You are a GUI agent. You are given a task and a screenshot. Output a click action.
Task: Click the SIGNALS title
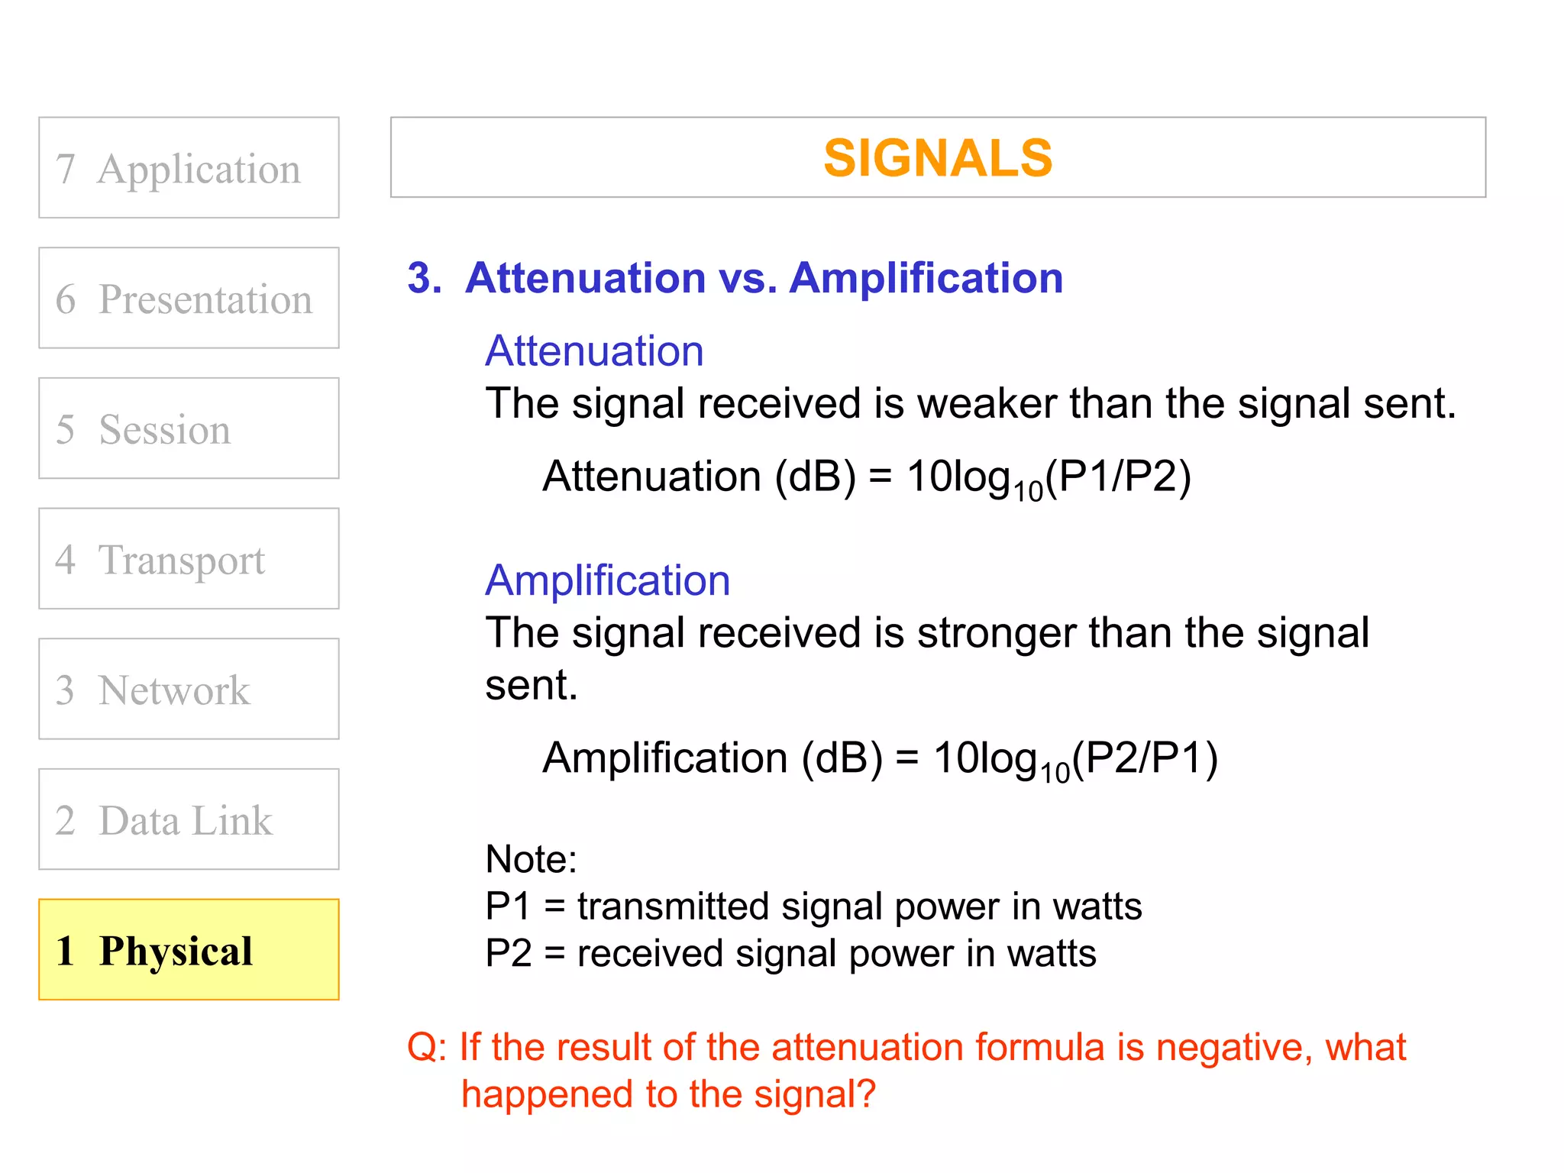(x=937, y=158)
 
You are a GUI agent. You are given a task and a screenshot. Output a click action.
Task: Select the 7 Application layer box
(x=189, y=168)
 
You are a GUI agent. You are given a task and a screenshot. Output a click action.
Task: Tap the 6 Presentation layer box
(x=189, y=298)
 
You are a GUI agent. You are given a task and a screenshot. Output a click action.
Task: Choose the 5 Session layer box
(x=189, y=428)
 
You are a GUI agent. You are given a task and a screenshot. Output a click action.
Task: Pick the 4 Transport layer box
(x=189, y=559)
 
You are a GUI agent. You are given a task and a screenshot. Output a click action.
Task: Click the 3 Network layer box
(x=189, y=689)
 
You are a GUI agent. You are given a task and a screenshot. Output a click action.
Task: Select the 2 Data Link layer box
(x=189, y=819)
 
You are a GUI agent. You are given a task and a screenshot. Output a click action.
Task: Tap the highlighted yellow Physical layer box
(x=189, y=950)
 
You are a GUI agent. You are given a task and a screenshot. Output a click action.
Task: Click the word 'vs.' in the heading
(x=748, y=278)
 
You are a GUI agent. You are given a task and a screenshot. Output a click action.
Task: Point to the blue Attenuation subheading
(x=594, y=351)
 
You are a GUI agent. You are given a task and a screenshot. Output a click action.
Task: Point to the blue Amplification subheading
(x=608, y=580)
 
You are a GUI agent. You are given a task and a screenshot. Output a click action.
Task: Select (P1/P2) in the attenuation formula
(x=1119, y=477)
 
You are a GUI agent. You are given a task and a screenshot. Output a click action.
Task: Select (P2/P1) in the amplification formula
(x=1145, y=758)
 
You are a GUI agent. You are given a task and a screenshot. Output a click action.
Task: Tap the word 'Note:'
(x=531, y=859)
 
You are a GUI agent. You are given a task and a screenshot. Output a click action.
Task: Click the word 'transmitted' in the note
(x=672, y=906)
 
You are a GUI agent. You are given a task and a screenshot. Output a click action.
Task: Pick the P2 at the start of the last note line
(x=508, y=954)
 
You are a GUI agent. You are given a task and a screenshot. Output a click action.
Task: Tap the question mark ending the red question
(x=866, y=1094)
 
